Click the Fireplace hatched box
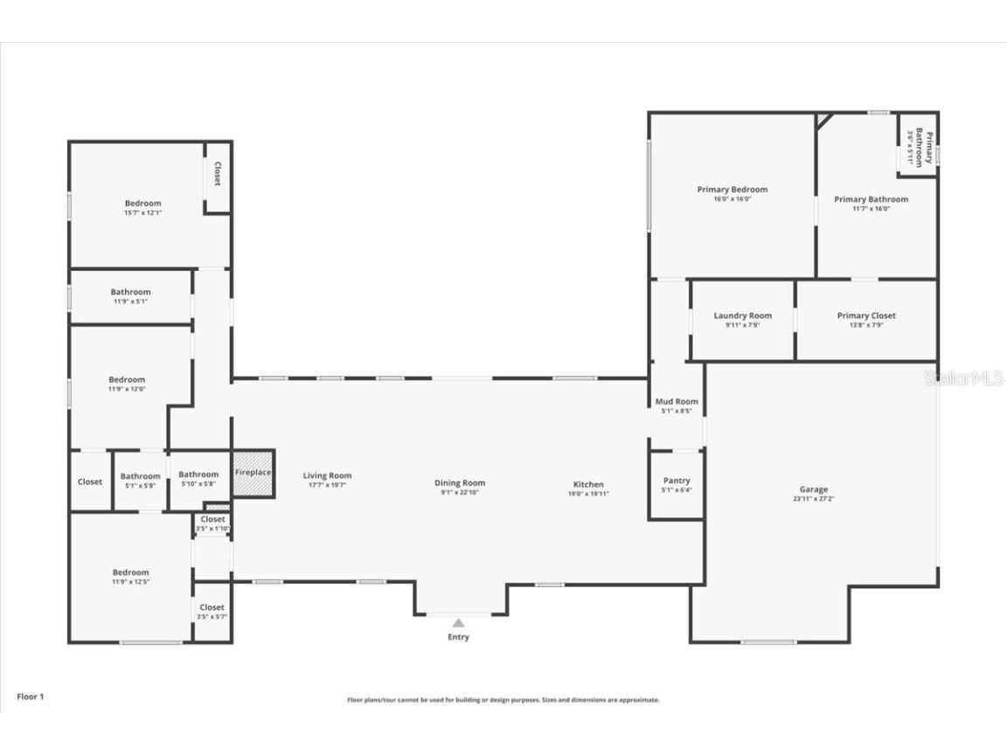point(253,473)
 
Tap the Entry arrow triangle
point(458,623)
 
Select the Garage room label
point(813,489)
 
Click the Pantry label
point(676,481)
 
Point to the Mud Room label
point(676,402)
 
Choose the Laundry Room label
point(742,315)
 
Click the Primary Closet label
point(865,315)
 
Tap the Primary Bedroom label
point(732,190)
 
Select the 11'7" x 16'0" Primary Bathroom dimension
point(871,209)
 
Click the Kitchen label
point(588,484)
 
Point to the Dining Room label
point(460,483)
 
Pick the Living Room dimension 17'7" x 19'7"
point(327,485)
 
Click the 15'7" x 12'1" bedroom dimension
point(142,212)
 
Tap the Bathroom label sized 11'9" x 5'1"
point(130,292)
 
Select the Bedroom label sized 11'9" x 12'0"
point(127,379)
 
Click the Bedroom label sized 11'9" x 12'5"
point(130,572)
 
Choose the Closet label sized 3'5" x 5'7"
point(212,607)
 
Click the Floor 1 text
point(30,696)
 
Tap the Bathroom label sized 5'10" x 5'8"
point(198,474)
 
